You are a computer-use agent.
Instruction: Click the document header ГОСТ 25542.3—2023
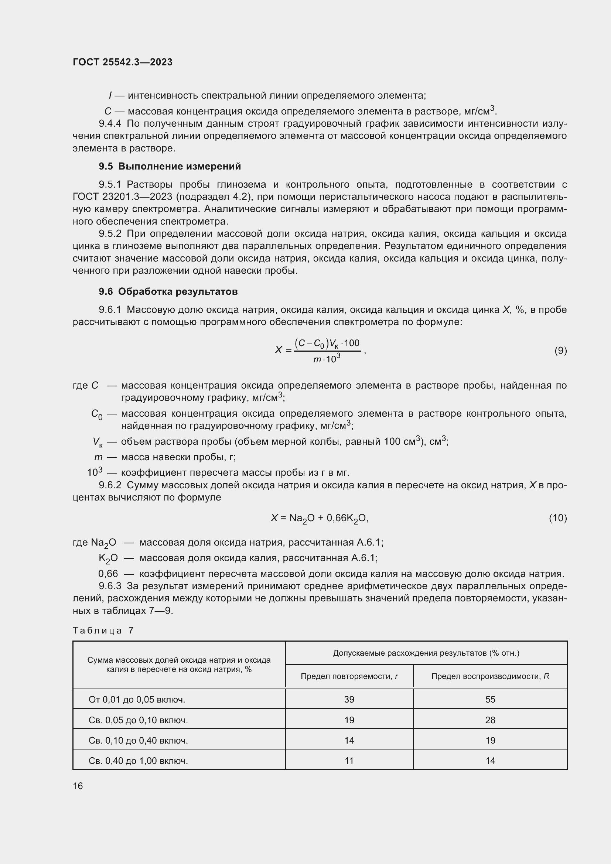coord(123,62)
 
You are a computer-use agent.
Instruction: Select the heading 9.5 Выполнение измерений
coord(170,166)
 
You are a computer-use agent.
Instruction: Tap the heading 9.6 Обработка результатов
coord(168,292)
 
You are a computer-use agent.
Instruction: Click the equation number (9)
coord(561,351)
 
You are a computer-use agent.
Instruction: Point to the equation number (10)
coord(558,518)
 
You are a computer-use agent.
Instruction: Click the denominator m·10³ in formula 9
coord(327,359)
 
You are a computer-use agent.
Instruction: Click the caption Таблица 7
coord(103,630)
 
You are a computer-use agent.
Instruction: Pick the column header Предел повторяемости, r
coord(349,676)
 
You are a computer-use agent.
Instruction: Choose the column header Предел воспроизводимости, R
coord(490,676)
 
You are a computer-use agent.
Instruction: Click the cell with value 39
coord(349,699)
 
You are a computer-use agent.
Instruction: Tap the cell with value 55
coord(490,699)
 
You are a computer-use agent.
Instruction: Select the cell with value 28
coord(490,720)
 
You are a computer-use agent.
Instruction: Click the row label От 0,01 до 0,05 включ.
coord(137,700)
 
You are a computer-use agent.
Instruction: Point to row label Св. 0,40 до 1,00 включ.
coord(138,761)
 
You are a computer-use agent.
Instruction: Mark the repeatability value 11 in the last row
coord(349,761)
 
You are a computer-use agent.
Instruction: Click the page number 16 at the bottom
coord(78,786)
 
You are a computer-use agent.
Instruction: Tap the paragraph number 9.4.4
coord(110,123)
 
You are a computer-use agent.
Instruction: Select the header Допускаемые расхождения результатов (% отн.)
coord(426,653)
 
